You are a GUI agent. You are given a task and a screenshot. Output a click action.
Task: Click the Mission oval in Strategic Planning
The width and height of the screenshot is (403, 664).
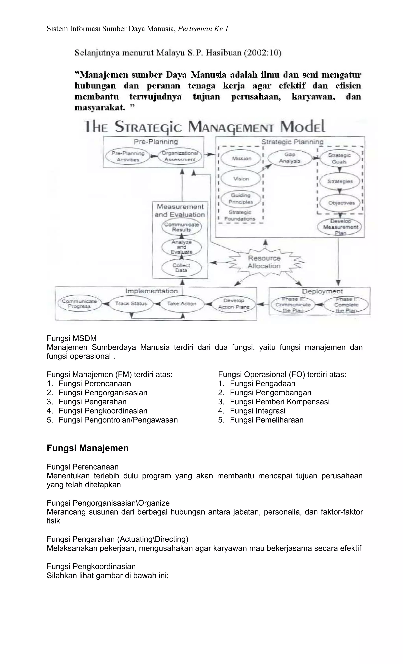tap(241, 159)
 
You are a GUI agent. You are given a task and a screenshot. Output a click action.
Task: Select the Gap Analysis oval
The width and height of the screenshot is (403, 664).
tap(289, 158)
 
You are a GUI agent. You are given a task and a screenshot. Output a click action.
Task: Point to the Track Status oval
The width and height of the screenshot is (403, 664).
tap(131, 304)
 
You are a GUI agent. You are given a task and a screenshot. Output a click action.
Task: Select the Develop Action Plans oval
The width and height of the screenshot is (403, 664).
tap(234, 304)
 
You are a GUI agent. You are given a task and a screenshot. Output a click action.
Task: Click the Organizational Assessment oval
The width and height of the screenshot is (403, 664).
tap(180, 157)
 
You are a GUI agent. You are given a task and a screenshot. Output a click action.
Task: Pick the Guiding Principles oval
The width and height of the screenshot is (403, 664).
tap(241, 199)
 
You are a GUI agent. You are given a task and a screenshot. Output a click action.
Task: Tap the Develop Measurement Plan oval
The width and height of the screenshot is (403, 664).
tap(340, 227)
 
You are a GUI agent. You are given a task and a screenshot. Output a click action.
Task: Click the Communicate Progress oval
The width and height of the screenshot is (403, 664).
tap(79, 304)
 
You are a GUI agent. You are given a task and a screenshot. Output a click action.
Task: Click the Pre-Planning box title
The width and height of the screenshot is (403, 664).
tap(156, 142)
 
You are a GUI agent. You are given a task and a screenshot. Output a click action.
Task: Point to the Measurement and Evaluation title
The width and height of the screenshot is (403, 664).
tap(180, 211)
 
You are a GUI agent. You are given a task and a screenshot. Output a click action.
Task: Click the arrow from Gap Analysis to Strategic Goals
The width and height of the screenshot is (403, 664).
tap(314, 158)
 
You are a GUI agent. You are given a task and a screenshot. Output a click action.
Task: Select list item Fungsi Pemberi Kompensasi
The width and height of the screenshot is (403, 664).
tap(279, 402)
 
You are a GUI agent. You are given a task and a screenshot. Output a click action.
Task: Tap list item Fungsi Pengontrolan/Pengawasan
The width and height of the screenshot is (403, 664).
tap(118, 420)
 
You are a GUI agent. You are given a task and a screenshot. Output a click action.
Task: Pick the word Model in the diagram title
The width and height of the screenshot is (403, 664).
tap(302, 127)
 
